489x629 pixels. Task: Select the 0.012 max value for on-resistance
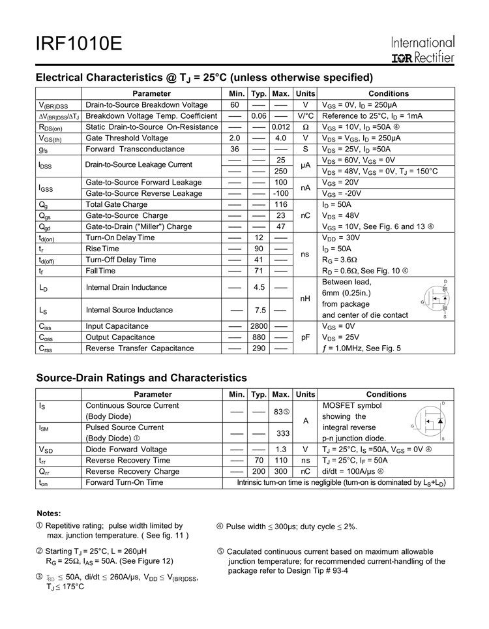pyautogui.click(x=281, y=127)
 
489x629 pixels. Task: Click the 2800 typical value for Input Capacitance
pyautogui.click(x=259, y=326)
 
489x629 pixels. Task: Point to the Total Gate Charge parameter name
pyautogui.click(x=117, y=204)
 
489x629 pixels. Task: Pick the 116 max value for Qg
pyautogui.click(x=281, y=204)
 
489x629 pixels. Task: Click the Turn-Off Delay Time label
pyautogui.click(x=121, y=260)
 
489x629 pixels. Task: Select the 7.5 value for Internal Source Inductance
pyautogui.click(x=259, y=310)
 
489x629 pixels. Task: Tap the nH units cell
pyautogui.click(x=305, y=298)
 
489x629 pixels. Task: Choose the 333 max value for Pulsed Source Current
pyautogui.click(x=283, y=433)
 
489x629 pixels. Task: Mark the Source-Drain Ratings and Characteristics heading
pyautogui.click(x=141, y=378)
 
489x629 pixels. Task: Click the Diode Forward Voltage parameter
pyautogui.click(x=126, y=450)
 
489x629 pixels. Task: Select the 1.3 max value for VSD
pyautogui.click(x=281, y=450)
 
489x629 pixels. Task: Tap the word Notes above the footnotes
pyautogui.click(x=49, y=514)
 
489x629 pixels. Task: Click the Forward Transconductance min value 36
pyautogui.click(x=235, y=149)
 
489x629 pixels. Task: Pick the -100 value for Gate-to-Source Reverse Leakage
pyautogui.click(x=281, y=194)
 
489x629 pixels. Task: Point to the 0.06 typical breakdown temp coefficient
pyautogui.click(x=259, y=116)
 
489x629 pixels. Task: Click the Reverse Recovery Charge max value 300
pyautogui.click(x=281, y=472)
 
